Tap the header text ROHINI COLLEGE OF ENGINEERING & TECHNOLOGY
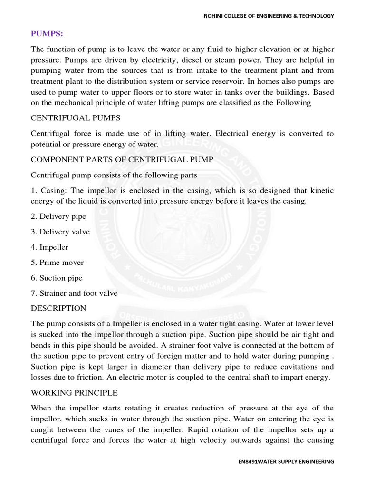click(x=269, y=16)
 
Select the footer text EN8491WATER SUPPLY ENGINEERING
click(x=286, y=461)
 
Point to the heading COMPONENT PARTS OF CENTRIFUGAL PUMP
click(x=122, y=160)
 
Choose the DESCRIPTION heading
click(x=58, y=308)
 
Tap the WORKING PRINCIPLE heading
click(x=74, y=393)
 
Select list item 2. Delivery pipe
click(x=58, y=216)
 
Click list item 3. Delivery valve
click(x=60, y=232)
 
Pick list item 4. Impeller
click(x=50, y=247)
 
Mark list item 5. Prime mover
click(x=58, y=263)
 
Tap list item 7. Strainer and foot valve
click(x=74, y=293)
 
